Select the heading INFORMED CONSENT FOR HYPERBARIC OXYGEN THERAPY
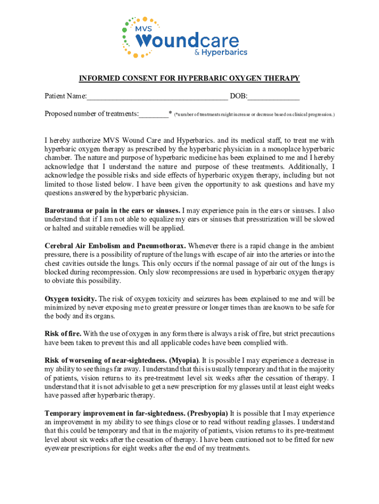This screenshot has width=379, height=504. tap(189, 79)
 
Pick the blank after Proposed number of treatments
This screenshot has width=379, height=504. tap(154, 114)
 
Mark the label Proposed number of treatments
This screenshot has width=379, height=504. tap(91, 114)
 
